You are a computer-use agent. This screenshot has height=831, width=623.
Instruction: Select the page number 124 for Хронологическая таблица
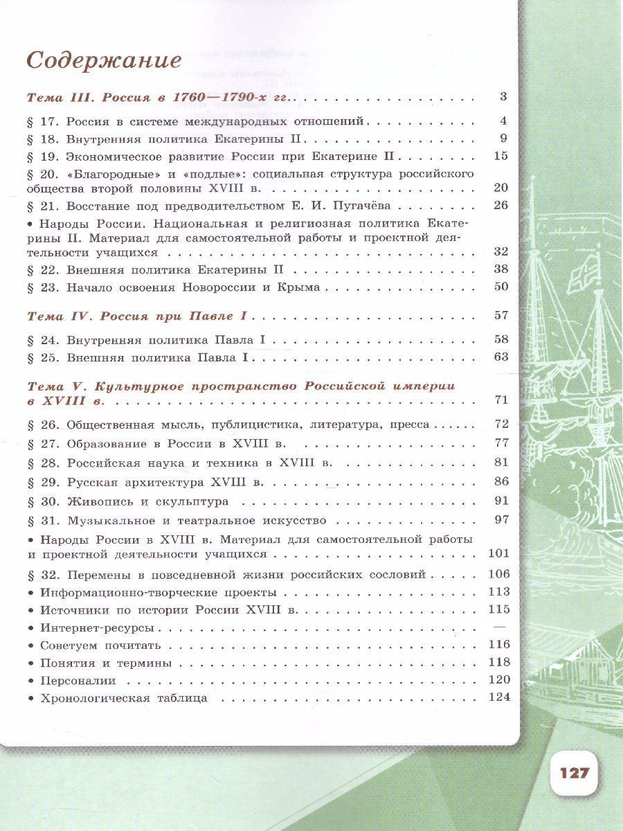[499, 697]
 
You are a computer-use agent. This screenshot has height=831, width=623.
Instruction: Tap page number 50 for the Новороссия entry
[501, 287]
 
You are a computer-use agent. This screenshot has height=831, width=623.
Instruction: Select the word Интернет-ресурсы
[96, 628]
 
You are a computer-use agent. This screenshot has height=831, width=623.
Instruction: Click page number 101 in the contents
[498, 553]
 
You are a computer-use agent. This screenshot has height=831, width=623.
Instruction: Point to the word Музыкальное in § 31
[109, 520]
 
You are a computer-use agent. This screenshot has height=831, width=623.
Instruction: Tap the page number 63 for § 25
[501, 358]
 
